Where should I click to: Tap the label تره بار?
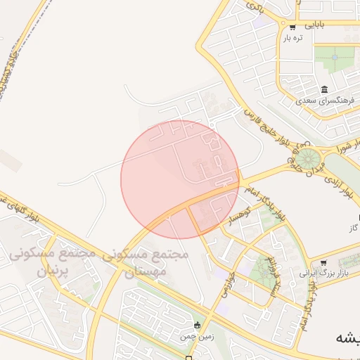tap(292, 38)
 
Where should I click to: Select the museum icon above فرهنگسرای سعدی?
tap(324, 89)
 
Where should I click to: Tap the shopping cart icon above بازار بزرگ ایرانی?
tap(323, 261)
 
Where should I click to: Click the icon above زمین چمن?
tap(197, 325)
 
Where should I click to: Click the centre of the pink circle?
tap(180, 179)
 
